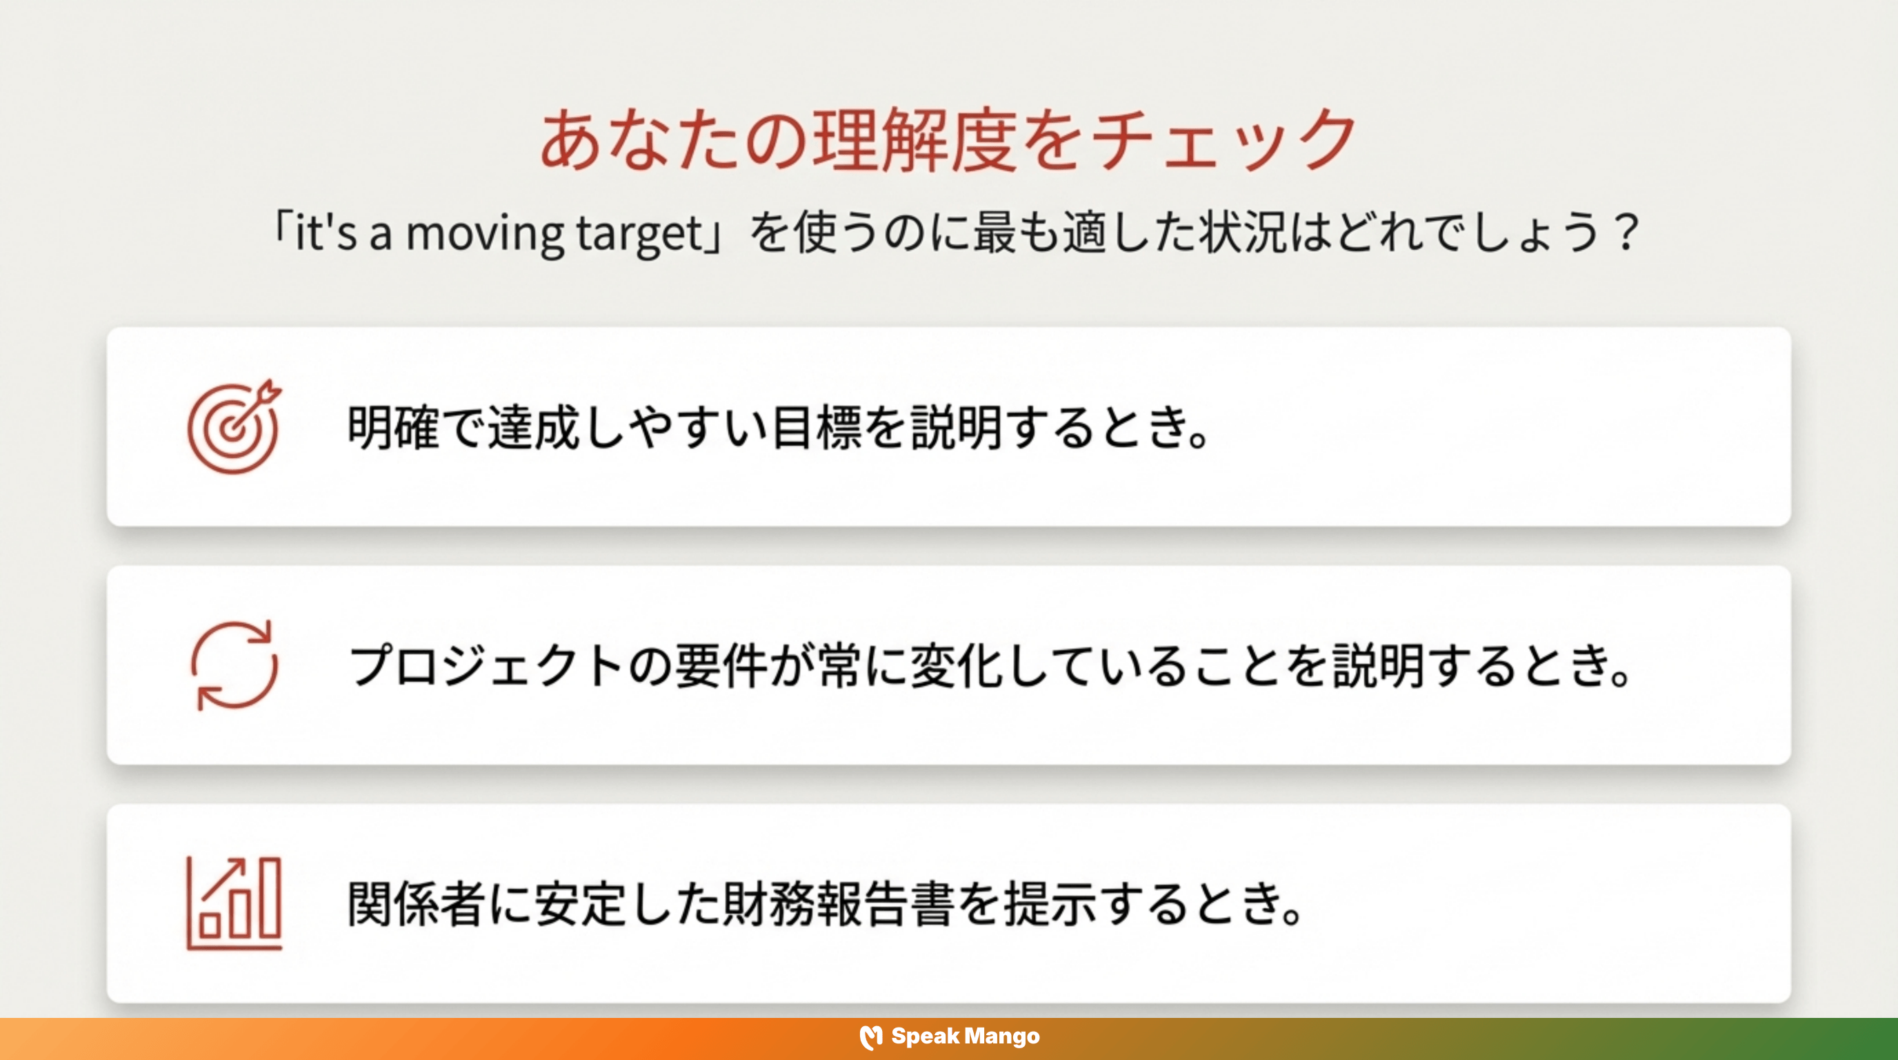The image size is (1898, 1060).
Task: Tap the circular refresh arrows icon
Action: (234, 665)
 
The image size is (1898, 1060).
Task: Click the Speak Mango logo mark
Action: (871, 1037)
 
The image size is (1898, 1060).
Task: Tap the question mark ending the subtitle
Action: (1624, 233)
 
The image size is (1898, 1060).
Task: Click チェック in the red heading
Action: (1223, 140)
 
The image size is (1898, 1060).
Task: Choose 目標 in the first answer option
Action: (816, 428)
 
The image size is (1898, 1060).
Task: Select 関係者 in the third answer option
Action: (417, 904)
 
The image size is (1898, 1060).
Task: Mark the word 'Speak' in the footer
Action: (925, 1037)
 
